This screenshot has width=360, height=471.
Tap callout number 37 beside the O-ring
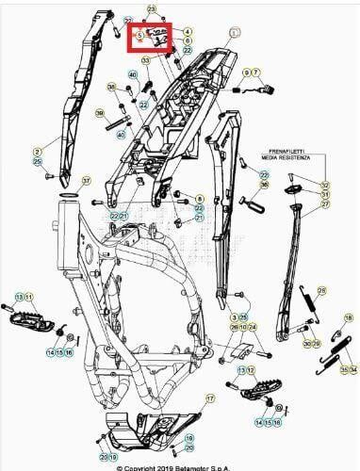click(86, 180)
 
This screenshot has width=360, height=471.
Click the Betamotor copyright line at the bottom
click(179, 466)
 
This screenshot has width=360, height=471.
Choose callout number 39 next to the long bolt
click(100, 113)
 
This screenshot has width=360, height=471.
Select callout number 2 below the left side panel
click(38, 151)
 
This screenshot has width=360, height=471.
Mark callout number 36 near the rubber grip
click(264, 186)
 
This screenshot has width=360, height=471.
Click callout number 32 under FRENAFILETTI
click(326, 186)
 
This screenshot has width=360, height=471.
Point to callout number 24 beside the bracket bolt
click(253, 327)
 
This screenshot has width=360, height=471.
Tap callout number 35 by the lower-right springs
click(343, 371)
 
